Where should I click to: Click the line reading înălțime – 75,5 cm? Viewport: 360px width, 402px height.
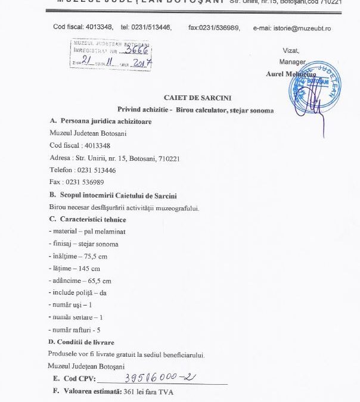click(x=79, y=255)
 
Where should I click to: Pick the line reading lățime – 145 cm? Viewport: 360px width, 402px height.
click(x=76, y=268)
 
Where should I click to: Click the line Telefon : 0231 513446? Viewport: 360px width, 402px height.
click(x=82, y=170)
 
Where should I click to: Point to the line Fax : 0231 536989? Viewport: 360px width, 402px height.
click(x=77, y=182)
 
